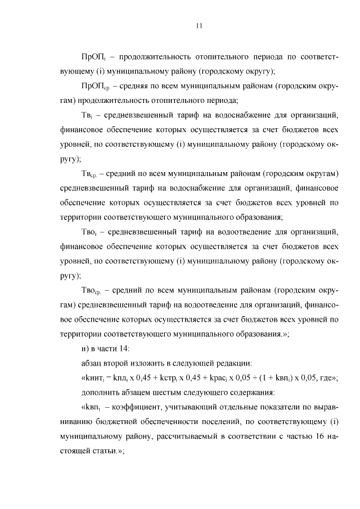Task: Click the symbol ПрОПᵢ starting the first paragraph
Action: [x=92, y=57]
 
